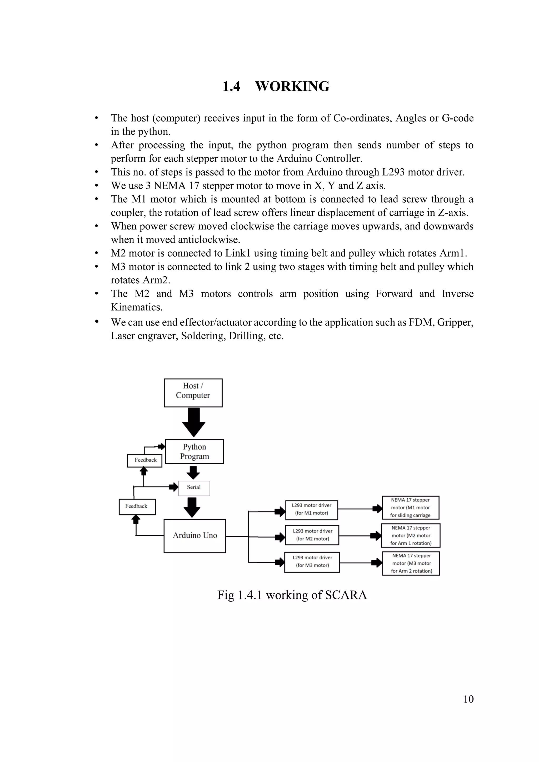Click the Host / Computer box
[193, 393]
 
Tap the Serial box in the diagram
[194, 488]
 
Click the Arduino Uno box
[195, 536]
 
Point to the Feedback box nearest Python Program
[145, 460]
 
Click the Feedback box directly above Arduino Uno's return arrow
[137, 507]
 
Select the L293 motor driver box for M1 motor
[312, 510]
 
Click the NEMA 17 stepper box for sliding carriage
[411, 508]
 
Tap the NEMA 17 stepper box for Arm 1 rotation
[411, 535]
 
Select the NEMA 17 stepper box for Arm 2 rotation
[411, 563]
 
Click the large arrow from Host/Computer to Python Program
[194, 422]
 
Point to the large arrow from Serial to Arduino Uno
[192, 507]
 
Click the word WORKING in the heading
[292, 86]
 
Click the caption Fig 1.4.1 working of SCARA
[292, 595]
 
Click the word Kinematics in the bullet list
[136, 307]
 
